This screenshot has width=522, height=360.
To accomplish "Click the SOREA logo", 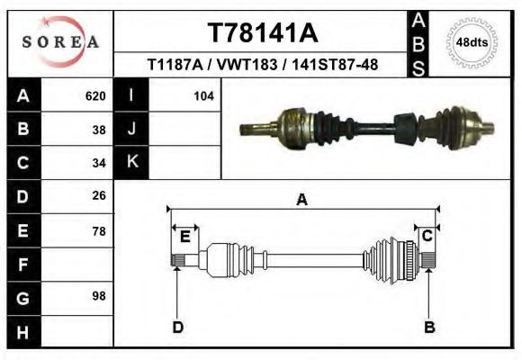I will tap(60, 42).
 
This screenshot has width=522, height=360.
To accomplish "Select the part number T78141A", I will tap(263, 32).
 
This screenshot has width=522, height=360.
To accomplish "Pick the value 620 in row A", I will tap(95, 95).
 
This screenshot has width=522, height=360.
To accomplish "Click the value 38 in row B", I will tap(100, 129).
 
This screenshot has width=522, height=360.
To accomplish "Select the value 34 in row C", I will tap(100, 163).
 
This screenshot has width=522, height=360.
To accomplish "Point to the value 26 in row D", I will tap(100, 195).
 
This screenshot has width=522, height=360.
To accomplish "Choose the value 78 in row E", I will tap(100, 230).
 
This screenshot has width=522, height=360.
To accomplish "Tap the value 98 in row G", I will tap(100, 296).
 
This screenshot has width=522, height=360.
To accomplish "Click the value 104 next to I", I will tap(203, 95).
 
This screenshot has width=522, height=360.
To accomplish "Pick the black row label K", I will tap(131, 162).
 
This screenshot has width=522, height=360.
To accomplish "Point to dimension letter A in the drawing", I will tap(302, 200).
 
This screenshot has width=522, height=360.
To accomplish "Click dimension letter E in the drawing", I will tap(184, 236).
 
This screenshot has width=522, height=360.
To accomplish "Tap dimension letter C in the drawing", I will tap(428, 236).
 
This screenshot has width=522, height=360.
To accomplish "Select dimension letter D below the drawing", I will tap(178, 327).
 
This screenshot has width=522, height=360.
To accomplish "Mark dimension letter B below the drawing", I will tap(429, 327).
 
